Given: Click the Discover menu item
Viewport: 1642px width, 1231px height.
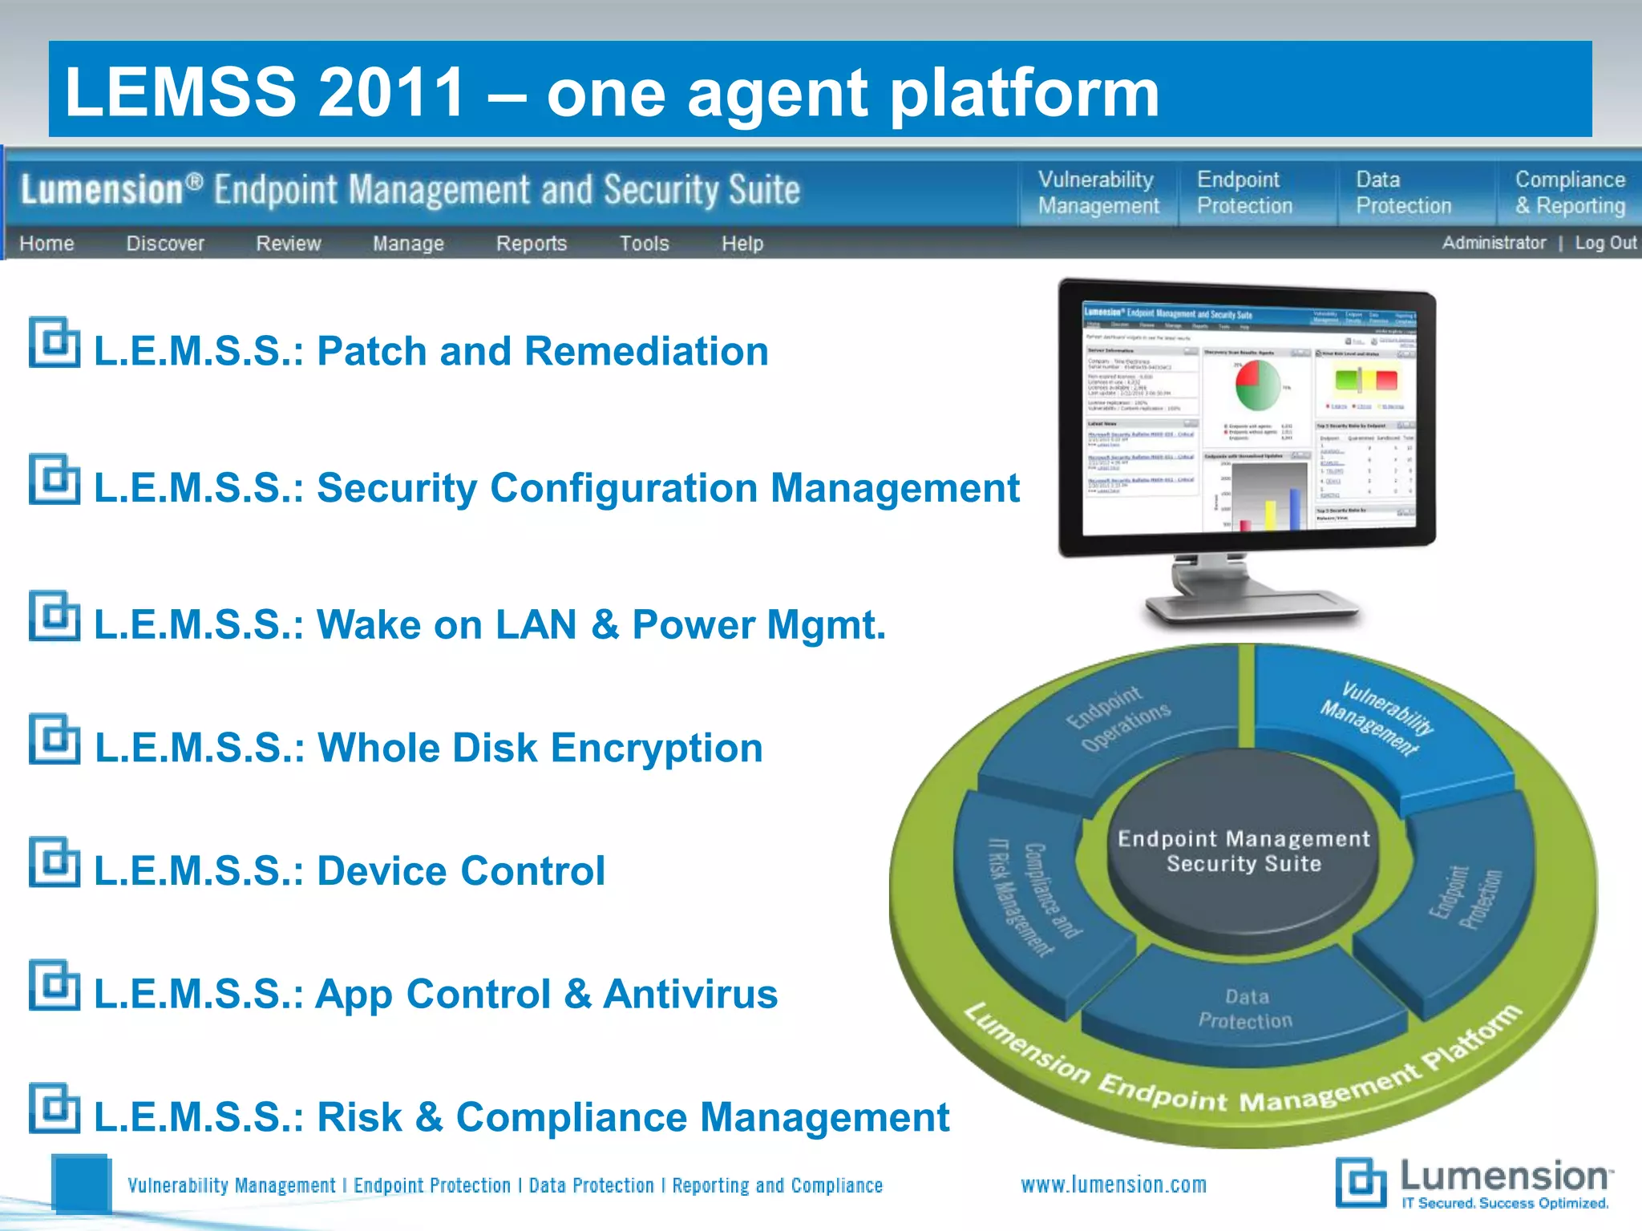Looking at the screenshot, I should click(165, 243).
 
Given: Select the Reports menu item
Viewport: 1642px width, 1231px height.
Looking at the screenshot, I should click(531, 243).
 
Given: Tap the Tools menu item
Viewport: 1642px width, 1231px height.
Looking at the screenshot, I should click(644, 243).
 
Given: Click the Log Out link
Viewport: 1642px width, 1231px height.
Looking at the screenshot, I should click(1605, 242).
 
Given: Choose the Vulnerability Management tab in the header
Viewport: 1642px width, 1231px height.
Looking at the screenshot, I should click(1098, 192).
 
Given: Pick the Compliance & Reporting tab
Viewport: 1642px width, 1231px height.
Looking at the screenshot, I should click(1569, 192).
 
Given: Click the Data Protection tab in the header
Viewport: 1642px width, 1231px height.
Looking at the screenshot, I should click(1403, 192).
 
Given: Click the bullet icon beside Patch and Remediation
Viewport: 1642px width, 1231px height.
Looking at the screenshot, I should click(55, 342).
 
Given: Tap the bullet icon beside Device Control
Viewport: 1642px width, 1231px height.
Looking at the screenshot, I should click(55, 862).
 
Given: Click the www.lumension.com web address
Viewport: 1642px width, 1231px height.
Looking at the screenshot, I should click(1113, 1185).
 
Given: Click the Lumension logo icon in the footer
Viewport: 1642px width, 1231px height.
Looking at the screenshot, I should click(1361, 1182).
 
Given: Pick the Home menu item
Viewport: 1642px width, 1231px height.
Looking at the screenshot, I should click(47, 243).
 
